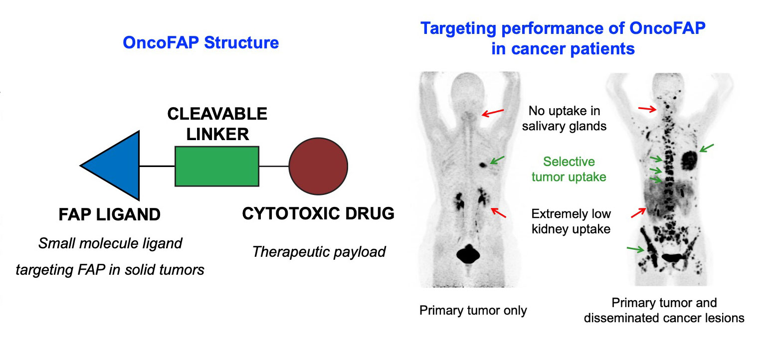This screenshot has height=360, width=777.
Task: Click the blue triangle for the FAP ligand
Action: pyautogui.click(x=118, y=166)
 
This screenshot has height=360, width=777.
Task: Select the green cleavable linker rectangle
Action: pyautogui.click(x=217, y=166)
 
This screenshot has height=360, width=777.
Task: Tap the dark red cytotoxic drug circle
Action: pyautogui.click(x=318, y=166)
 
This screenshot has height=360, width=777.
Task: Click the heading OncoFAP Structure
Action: pyautogui.click(x=201, y=43)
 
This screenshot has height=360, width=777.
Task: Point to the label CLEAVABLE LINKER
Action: pyautogui.click(x=217, y=124)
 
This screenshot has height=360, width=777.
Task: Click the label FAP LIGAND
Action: pyautogui.click(x=109, y=214)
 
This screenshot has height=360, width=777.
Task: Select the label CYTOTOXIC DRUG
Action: pyautogui.click(x=318, y=213)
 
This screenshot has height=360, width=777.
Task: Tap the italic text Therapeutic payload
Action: pyautogui.click(x=319, y=252)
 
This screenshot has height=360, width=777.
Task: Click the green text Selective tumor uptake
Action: pyautogui.click(x=569, y=169)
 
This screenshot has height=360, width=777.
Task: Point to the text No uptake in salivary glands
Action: pyautogui.click(x=565, y=118)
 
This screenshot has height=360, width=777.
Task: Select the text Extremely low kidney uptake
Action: pyautogui.click(x=571, y=221)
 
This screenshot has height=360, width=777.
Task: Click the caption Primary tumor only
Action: pyautogui.click(x=473, y=310)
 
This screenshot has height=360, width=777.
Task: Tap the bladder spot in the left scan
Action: pyautogui.click(x=468, y=254)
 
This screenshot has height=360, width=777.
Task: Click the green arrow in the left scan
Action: pyautogui.click(x=497, y=160)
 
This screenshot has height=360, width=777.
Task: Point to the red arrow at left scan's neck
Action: pyautogui.click(x=493, y=113)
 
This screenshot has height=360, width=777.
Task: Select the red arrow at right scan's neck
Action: pyautogui.click(x=647, y=109)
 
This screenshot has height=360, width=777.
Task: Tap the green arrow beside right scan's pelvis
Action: pyautogui.click(x=635, y=249)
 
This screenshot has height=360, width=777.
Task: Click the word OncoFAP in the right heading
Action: pyautogui.click(x=667, y=28)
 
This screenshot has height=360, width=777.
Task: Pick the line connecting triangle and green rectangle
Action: pyautogui.click(x=157, y=166)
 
